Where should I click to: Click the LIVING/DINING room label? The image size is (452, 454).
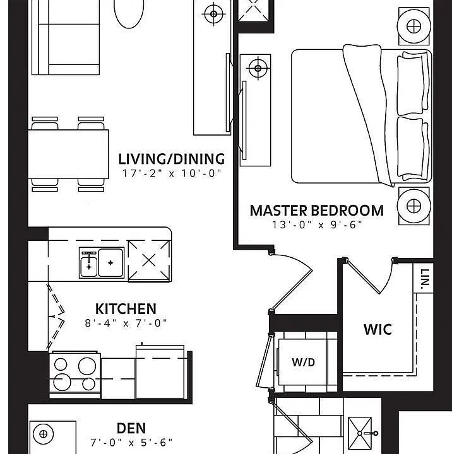(171, 159)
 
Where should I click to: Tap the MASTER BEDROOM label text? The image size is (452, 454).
(317, 211)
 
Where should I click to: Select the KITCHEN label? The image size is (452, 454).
(126, 309)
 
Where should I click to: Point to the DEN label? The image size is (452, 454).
(131, 428)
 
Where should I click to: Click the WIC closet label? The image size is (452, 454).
(378, 330)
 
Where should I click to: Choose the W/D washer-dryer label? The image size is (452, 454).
(303, 362)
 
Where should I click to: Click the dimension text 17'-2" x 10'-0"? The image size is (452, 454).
(172, 173)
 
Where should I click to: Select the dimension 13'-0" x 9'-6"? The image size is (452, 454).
(317, 224)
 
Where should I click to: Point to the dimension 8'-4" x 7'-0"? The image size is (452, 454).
(126, 323)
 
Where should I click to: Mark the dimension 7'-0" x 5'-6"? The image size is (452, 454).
(131, 443)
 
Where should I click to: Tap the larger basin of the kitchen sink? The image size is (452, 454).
(110, 263)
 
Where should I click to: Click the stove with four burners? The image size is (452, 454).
(74, 375)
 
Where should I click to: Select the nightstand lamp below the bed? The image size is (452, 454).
(413, 206)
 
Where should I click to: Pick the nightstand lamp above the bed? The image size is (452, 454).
(413, 26)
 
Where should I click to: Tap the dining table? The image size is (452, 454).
(68, 154)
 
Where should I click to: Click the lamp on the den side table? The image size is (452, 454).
(43, 434)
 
